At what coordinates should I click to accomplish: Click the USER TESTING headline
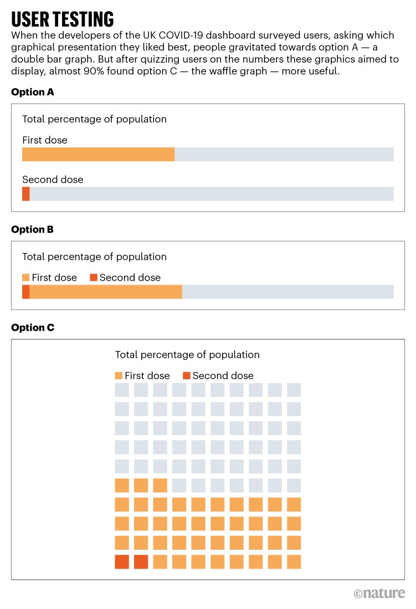[x=63, y=19]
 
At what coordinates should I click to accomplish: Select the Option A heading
[x=33, y=92]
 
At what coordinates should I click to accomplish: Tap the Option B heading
[x=33, y=229]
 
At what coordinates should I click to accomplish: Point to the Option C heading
[x=33, y=328]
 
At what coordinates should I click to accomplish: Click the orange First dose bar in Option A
[x=98, y=154]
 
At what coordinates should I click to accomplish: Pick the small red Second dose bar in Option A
[x=26, y=194]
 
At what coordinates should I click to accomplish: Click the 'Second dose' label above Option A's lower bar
[x=53, y=179]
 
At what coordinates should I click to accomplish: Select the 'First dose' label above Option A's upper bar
[x=45, y=140]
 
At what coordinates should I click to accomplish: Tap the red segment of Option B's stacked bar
[x=26, y=292]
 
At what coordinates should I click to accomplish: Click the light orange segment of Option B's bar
[x=106, y=292]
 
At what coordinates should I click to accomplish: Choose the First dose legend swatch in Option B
[x=26, y=277]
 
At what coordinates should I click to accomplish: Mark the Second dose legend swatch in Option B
[x=94, y=277]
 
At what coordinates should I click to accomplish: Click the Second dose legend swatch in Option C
[x=187, y=375]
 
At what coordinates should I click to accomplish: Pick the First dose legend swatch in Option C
[x=119, y=375]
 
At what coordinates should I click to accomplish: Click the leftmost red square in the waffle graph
[x=122, y=561]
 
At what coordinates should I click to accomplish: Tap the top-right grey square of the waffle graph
[x=294, y=390]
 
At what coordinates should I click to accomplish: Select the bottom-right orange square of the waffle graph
[x=294, y=561]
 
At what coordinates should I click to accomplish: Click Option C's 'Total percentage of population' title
[x=187, y=355]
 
